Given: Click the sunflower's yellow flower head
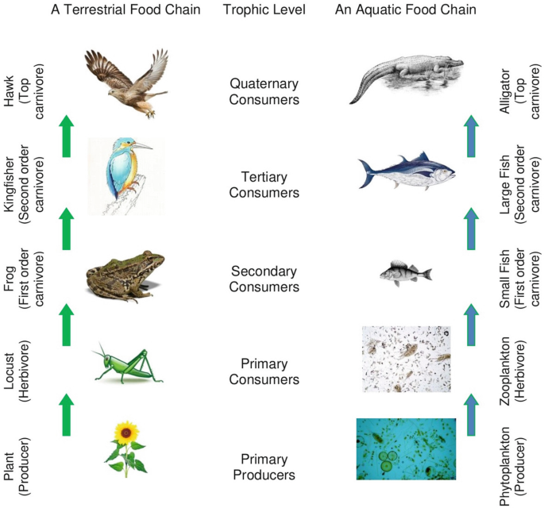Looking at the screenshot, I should click(125, 433).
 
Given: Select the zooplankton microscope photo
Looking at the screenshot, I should click(406, 358).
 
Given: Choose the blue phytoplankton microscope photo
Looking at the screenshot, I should click(406, 449).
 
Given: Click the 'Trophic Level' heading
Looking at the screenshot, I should click(263, 10).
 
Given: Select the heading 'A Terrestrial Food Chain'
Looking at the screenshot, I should click(125, 10).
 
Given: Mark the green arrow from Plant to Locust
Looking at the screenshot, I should click(67, 415).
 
